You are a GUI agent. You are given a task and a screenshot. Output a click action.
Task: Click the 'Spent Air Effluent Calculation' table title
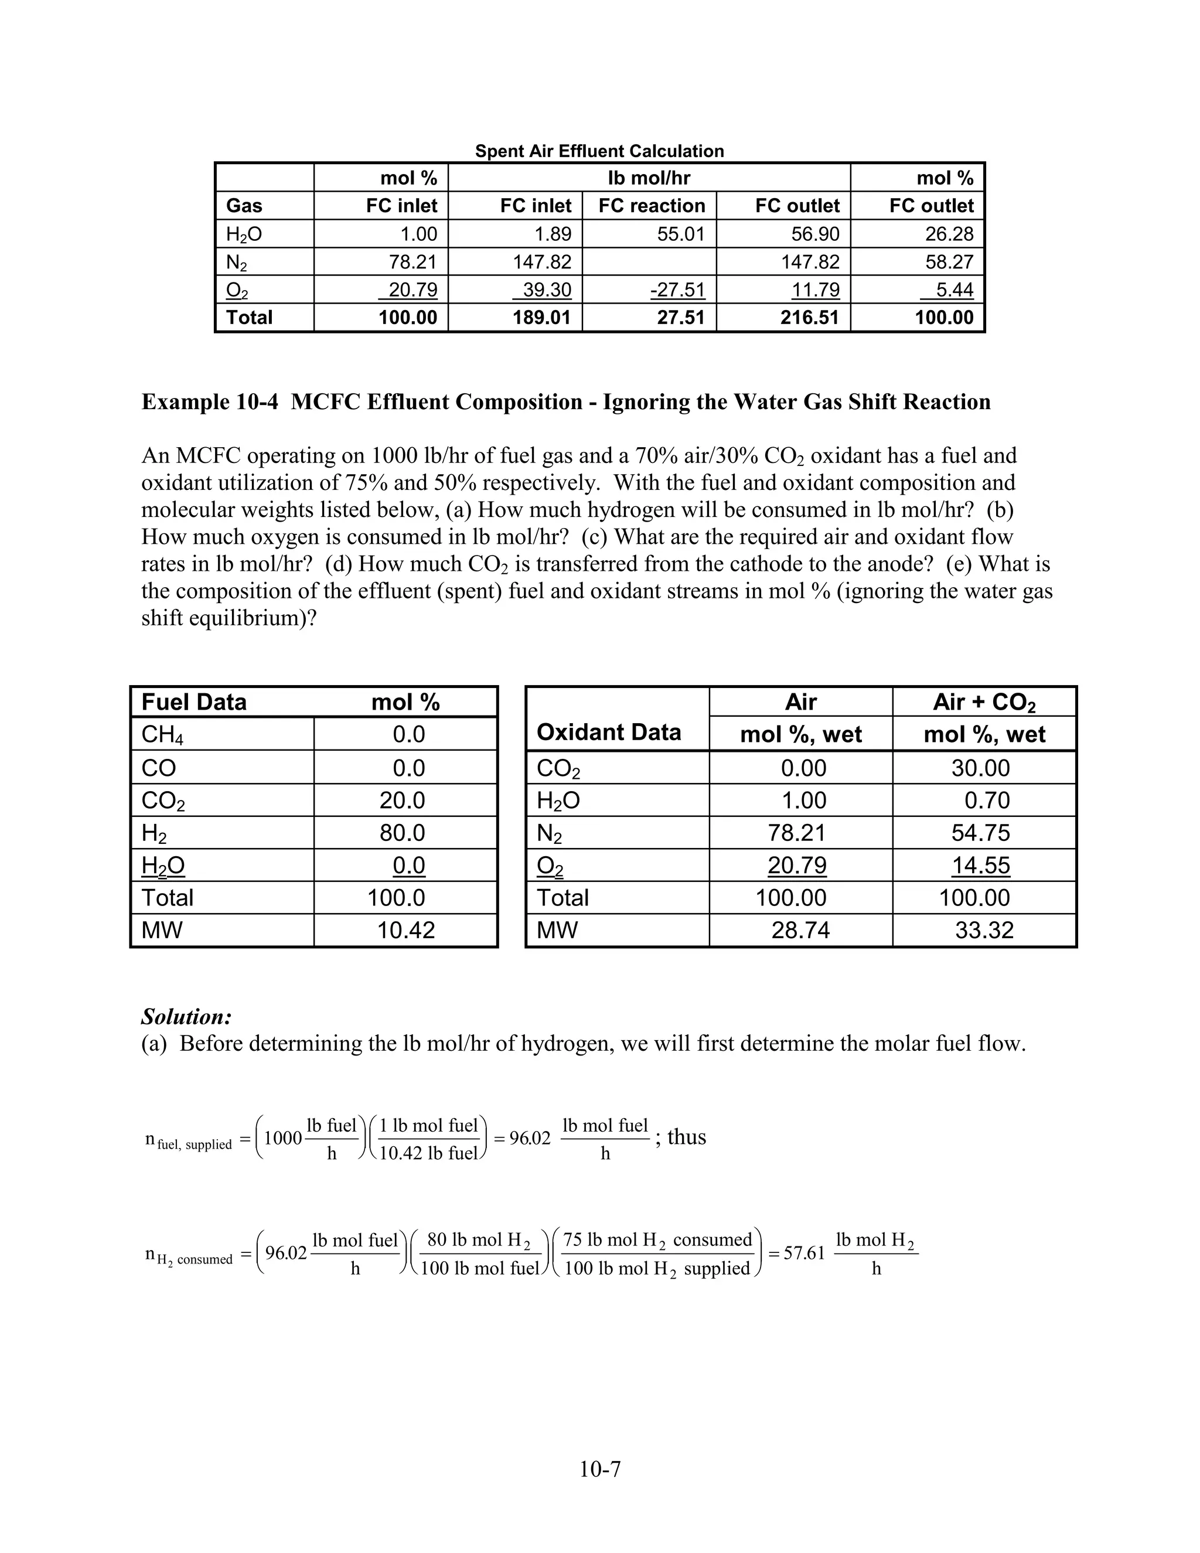click(599, 151)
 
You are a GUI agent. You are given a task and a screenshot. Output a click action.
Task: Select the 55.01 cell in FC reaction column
click(680, 234)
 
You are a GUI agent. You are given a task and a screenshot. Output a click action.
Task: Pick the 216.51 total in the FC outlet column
click(810, 317)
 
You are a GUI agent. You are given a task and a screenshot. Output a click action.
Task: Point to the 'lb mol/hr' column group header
click(649, 178)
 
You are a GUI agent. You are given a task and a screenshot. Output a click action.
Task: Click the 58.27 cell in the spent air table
click(949, 263)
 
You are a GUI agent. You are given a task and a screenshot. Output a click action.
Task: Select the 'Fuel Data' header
click(194, 703)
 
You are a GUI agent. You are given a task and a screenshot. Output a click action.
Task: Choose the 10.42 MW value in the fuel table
click(405, 930)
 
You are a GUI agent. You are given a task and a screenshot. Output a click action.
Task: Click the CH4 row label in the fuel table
click(162, 734)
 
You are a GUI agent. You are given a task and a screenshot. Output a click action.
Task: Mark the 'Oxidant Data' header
click(609, 733)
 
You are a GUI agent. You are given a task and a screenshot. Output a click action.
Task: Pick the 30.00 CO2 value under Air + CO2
click(980, 768)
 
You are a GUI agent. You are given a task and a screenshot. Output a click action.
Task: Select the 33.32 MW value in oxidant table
click(984, 930)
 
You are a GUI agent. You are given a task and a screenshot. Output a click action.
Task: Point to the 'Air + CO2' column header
click(984, 703)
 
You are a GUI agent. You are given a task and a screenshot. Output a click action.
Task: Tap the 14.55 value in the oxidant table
click(980, 866)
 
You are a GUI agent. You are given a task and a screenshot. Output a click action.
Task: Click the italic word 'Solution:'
click(187, 1016)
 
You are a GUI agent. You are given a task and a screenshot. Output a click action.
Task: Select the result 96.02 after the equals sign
click(530, 1139)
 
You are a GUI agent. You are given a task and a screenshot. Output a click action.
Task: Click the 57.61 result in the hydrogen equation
click(804, 1253)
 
